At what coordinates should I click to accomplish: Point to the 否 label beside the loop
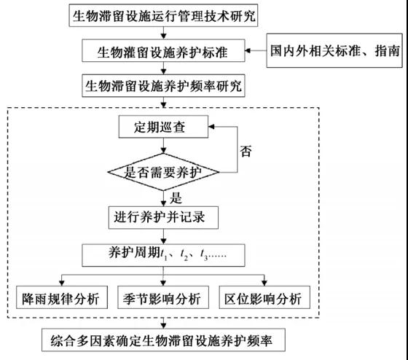tap(246, 152)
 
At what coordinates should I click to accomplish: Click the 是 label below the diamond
tap(176, 198)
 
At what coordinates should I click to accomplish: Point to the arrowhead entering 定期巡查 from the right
tap(211, 127)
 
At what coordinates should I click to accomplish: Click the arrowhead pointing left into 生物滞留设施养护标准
tap(248, 50)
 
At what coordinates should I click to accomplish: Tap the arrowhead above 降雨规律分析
tap(62, 283)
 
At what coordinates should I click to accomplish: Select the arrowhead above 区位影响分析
tap(264, 283)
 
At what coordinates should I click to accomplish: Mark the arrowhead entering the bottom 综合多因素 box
tap(163, 326)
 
